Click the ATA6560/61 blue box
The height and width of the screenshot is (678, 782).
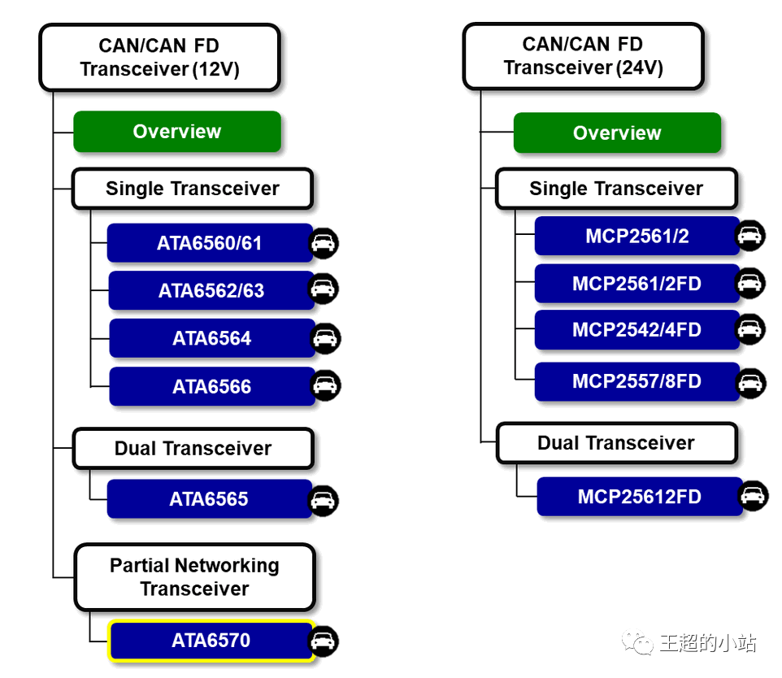(x=210, y=243)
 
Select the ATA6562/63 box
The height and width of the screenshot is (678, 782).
(x=211, y=291)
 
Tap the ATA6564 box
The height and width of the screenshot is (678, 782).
(x=211, y=338)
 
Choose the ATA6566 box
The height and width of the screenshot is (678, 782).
(x=211, y=387)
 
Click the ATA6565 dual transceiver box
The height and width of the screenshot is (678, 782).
(x=209, y=498)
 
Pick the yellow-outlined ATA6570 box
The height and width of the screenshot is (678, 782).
(x=211, y=641)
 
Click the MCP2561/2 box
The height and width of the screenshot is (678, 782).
(x=636, y=236)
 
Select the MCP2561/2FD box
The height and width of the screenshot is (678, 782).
(x=636, y=284)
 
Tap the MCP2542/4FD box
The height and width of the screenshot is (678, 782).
(x=636, y=330)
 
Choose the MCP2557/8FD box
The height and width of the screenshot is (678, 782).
(x=636, y=381)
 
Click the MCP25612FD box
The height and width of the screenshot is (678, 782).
(x=639, y=497)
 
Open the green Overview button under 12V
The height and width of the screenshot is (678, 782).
(x=177, y=132)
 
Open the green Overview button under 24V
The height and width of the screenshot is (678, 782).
(x=617, y=133)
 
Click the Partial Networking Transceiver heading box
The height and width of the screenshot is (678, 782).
(x=194, y=577)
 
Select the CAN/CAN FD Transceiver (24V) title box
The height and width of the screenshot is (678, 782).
(x=583, y=56)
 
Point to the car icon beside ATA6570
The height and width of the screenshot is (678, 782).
(x=324, y=641)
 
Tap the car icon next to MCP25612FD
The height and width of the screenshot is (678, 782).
(x=754, y=495)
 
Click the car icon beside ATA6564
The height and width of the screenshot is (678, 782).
(x=326, y=338)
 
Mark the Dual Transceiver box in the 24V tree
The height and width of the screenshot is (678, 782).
(x=616, y=443)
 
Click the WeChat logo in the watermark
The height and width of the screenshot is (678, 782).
(x=638, y=643)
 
